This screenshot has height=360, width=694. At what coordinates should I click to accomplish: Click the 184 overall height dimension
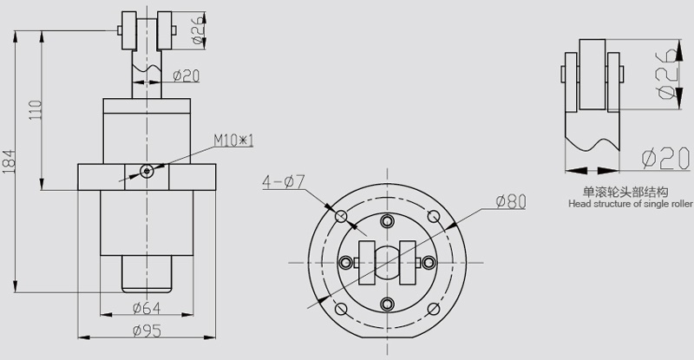pyautogui.click(x=9, y=161)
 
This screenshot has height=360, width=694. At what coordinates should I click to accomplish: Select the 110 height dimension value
pyautogui.click(x=36, y=109)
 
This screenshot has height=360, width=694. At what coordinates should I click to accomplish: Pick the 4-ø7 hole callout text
pyautogui.click(x=282, y=182)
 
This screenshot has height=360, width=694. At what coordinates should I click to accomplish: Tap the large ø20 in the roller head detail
pyautogui.click(x=660, y=158)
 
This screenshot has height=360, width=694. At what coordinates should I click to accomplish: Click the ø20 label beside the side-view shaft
pyautogui.click(x=186, y=75)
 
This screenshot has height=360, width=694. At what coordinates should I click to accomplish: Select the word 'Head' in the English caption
pyautogui.click(x=579, y=205)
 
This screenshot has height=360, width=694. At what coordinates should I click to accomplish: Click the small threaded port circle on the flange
pyautogui.click(x=147, y=171)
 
